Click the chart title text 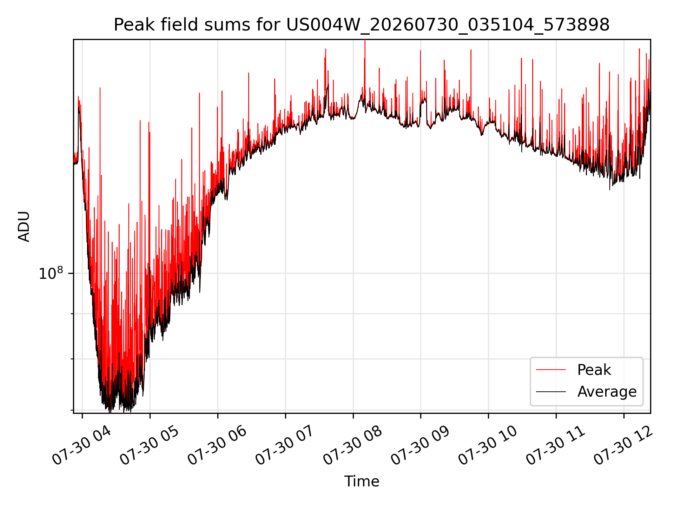pos(362,25)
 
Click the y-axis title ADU pos(24,227)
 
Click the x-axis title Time pos(362,482)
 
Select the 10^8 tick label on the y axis pos(51,273)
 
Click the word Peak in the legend pos(594,370)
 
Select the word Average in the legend pos(607,392)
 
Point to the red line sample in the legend pos(551,370)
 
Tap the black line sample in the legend pos(551,391)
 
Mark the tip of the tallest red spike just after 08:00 pos(365,40)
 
